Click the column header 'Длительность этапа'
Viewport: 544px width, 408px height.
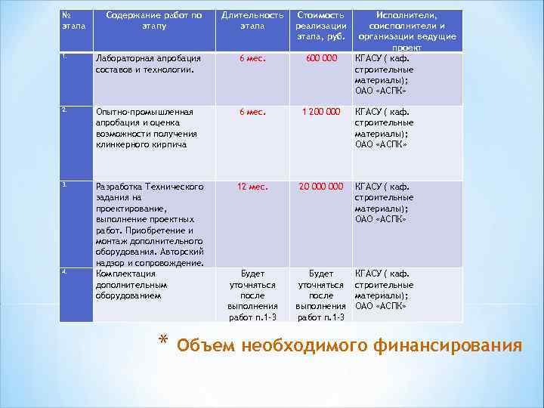252,20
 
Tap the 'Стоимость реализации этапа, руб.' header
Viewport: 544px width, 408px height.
320,26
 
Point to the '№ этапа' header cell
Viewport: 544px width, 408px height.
73,20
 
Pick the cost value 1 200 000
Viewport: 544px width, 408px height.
320,112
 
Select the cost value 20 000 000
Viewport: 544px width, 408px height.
320,187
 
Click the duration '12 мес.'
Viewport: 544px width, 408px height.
252,187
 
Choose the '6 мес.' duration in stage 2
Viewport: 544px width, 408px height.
252,112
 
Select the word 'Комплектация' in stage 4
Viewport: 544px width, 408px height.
125,274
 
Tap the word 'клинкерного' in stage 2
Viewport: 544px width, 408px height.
119,144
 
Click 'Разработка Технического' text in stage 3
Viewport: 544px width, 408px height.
149,187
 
